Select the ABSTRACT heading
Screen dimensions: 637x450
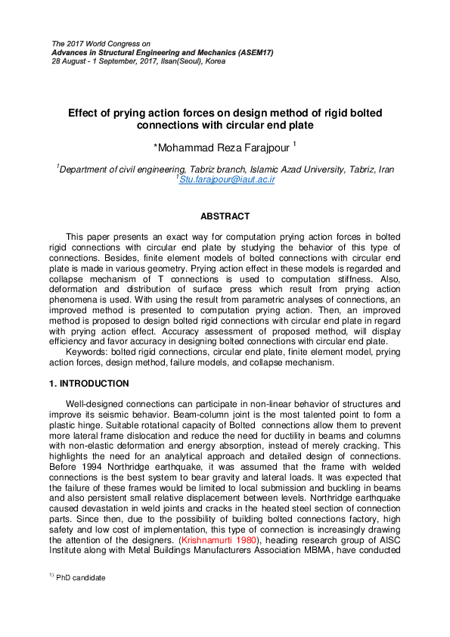coord(225,216)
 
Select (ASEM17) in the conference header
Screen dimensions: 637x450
coord(254,52)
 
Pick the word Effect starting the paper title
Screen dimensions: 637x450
coord(84,113)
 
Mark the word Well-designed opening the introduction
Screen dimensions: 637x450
coord(98,404)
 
